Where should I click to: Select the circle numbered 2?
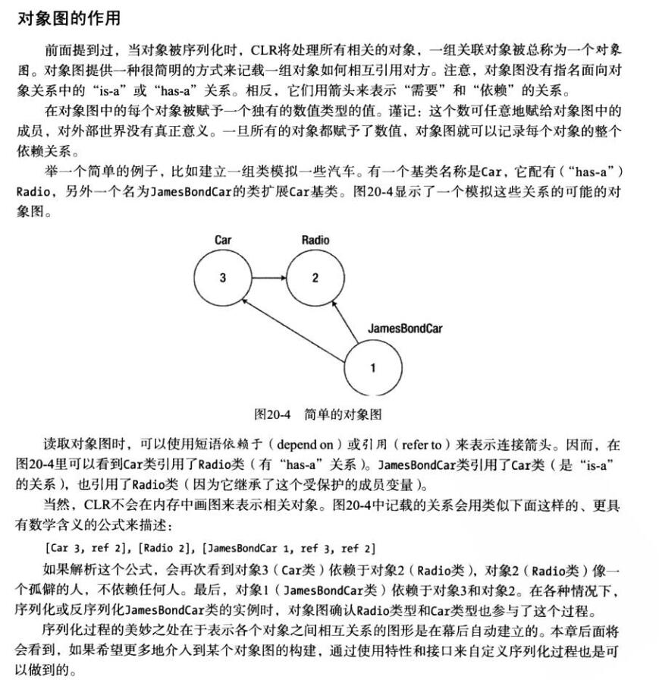pos(315,278)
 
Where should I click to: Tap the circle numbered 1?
pos(372,368)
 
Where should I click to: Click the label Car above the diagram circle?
pos(222,240)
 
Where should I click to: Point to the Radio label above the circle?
pos(315,240)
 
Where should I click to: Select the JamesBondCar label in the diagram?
pos(404,329)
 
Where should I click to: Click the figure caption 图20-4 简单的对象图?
pos(318,414)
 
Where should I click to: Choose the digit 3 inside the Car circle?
pos(222,278)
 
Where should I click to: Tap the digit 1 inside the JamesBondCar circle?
pos(372,368)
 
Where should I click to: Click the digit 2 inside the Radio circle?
pos(315,278)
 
